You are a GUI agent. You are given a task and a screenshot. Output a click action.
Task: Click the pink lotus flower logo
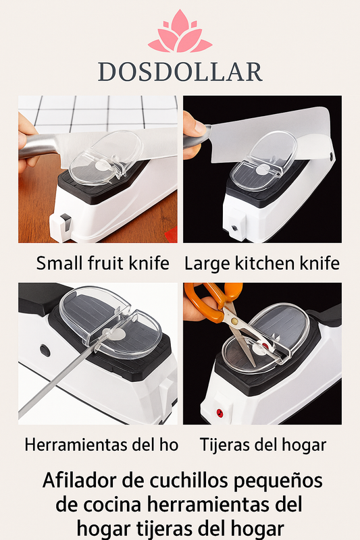pyautogui.click(x=180, y=32)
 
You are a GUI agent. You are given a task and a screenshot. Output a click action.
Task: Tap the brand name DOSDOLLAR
pyautogui.click(x=180, y=72)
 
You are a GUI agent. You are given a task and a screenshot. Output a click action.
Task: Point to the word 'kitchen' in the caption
pyautogui.click(x=265, y=263)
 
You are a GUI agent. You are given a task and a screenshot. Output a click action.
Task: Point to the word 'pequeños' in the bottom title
pyautogui.click(x=278, y=481)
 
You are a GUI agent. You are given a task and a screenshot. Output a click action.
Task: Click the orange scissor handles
pyautogui.click(x=213, y=300)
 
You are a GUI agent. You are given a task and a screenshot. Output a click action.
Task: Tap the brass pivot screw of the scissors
pyautogui.click(x=234, y=321)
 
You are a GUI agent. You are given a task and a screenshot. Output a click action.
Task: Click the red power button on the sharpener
pyautogui.click(x=220, y=413)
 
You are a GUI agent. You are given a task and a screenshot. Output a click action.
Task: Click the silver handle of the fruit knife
pyautogui.click(x=38, y=146)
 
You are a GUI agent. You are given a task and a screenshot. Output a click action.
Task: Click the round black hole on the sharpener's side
pyautogui.click(x=45, y=350)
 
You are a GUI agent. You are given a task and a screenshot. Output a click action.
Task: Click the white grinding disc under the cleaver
pyautogui.click(x=263, y=169)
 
